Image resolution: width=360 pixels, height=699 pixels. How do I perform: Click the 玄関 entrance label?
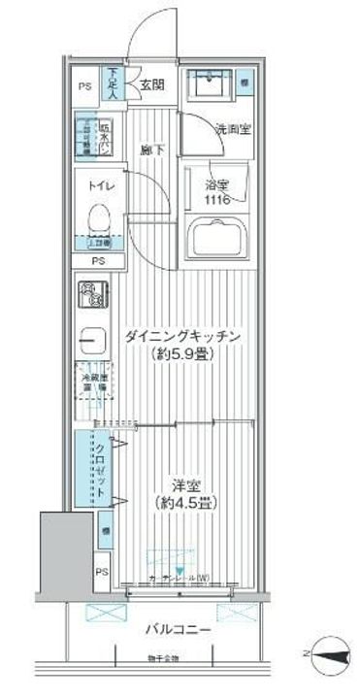tap(152, 85)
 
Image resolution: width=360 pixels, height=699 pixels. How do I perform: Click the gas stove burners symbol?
tap(91, 291)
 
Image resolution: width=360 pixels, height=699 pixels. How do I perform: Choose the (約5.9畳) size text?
tap(181, 355)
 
